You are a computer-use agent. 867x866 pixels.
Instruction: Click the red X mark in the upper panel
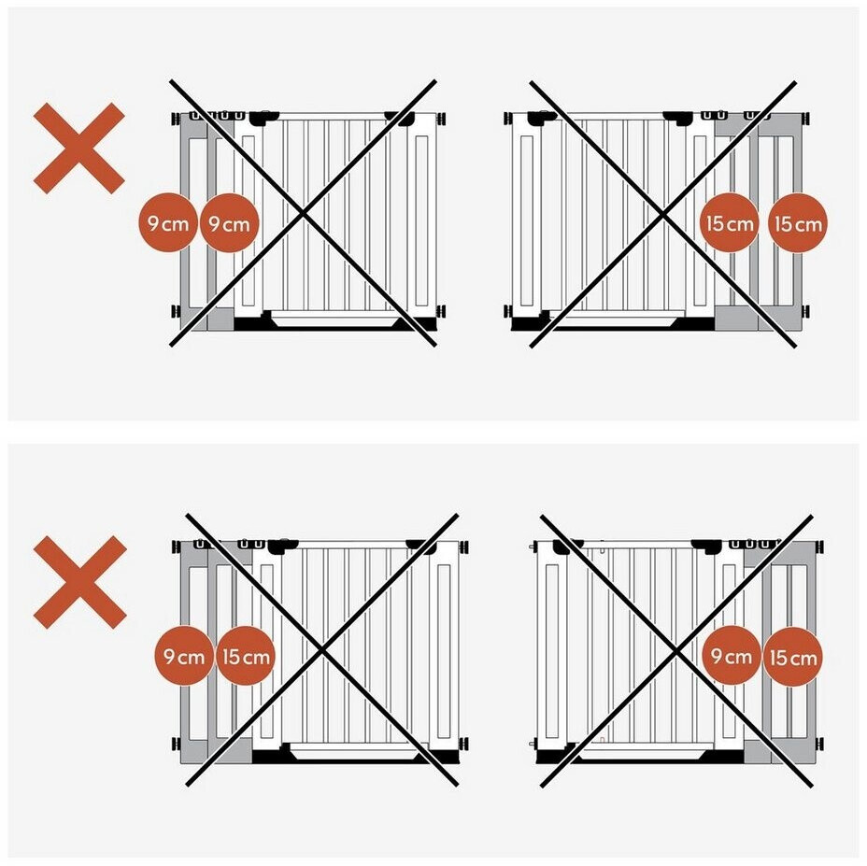pyautogui.click(x=79, y=149)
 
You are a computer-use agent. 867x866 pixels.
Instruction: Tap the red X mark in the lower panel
pyautogui.click(x=80, y=582)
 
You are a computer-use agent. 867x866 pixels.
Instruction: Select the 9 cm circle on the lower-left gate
pyautogui.click(x=183, y=656)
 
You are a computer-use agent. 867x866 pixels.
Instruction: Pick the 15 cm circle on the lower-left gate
pyautogui.click(x=246, y=656)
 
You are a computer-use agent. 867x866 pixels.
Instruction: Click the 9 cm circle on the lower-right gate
pyautogui.click(x=731, y=656)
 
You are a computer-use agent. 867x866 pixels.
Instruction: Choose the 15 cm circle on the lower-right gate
pyautogui.click(x=793, y=657)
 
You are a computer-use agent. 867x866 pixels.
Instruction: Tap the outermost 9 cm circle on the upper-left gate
pyautogui.click(x=167, y=223)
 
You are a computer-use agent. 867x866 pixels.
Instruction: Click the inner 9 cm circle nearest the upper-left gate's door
pyautogui.click(x=229, y=223)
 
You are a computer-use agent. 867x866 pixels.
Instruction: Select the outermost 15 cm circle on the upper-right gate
pyautogui.click(x=798, y=223)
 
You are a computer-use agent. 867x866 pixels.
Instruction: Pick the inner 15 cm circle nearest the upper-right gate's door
pyautogui.click(x=730, y=223)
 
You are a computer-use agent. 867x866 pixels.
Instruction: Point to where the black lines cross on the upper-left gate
pyautogui.click(x=303, y=213)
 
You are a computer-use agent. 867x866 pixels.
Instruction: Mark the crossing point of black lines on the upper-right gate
pyautogui.click(x=663, y=213)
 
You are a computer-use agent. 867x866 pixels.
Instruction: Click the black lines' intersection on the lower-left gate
pyautogui.click(x=321, y=650)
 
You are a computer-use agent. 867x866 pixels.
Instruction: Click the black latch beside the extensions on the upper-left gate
pyautogui.click(x=263, y=117)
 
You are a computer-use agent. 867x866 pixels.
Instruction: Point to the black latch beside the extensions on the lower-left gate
pyautogui.click(x=282, y=546)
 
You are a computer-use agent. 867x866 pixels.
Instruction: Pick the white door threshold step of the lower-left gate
pyautogui.click(x=354, y=751)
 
